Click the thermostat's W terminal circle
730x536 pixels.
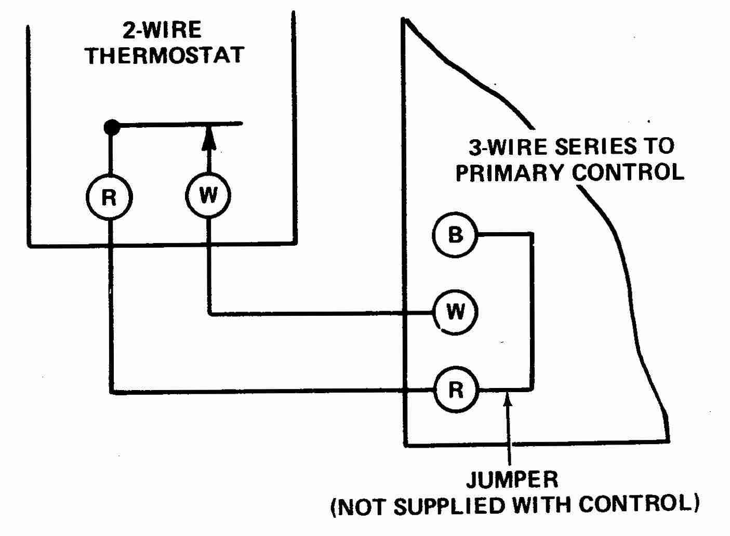pyautogui.click(x=208, y=196)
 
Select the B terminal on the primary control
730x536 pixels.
pyautogui.click(x=455, y=235)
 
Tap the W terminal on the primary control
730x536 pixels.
pyautogui.click(x=455, y=312)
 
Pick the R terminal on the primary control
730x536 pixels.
pyautogui.click(x=455, y=390)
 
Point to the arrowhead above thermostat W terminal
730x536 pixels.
pyautogui.click(x=208, y=139)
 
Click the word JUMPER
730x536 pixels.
pyautogui.click(x=512, y=480)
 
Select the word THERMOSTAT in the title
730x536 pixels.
pyautogui.click(x=165, y=55)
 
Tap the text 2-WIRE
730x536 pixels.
pyautogui.click(x=162, y=31)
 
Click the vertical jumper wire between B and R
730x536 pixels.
pyautogui.click(x=531, y=312)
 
